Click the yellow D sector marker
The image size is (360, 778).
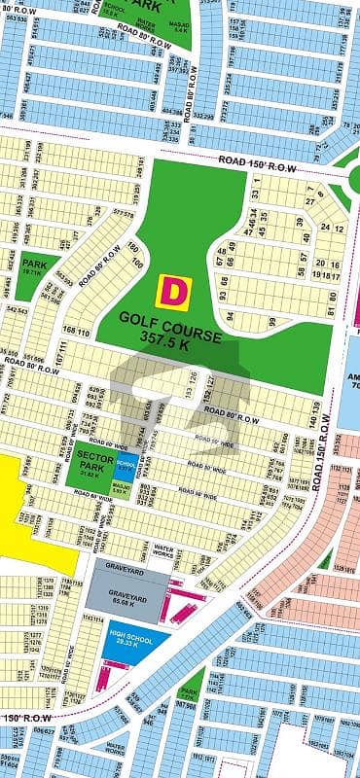coord(173,290)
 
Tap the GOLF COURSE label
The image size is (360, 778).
coord(166,317)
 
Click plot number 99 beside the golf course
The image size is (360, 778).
coord(273,322)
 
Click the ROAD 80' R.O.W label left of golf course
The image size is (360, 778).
coord(101,271)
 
